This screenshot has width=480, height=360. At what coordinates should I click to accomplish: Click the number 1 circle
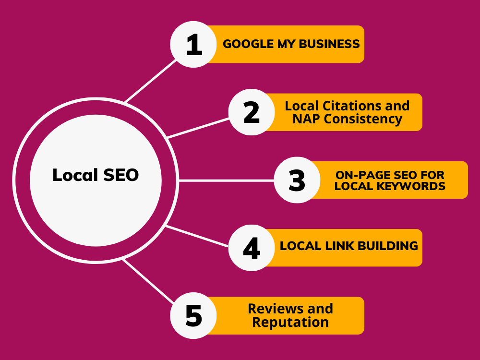click(x=193, y=44)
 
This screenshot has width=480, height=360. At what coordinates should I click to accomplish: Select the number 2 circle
click(x=252, y=112)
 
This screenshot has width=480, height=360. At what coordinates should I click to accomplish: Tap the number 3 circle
click(x=297, y=180)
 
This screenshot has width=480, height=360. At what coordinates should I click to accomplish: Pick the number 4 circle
click(x=252, y=248)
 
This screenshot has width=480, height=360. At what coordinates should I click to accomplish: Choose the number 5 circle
click(x=193, y=316)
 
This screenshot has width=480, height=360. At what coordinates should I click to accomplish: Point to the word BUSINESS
click(x=329, y=44)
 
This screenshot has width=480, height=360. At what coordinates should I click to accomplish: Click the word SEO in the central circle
click(x=121, y=175)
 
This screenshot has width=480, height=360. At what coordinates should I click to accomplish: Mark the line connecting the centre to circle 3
click(x=226, y=181)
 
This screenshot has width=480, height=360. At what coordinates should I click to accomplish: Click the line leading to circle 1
click(x=151, y=81)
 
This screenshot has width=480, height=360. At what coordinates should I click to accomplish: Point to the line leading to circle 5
click(x=148, y=281)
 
